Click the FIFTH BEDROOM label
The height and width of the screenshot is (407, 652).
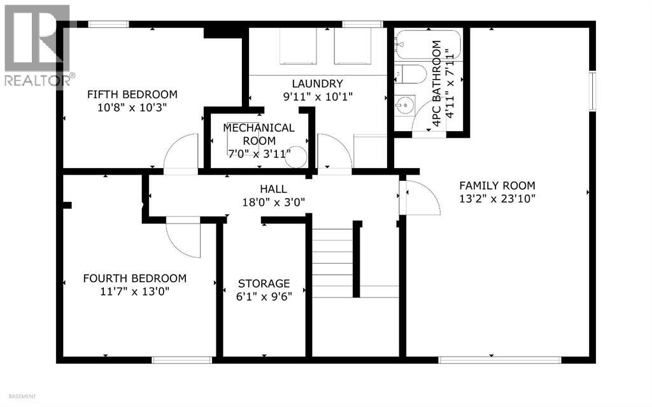tap(132, 94)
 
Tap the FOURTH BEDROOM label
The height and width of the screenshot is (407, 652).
tap(134, 278)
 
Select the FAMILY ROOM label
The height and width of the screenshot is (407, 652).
tap(497, 185)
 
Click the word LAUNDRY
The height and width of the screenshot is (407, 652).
tap(317, 83)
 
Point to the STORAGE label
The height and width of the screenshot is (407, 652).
tap(264, 283)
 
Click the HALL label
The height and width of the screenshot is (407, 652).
tap(273, 189)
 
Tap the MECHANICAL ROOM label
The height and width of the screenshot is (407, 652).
tap(259, 134)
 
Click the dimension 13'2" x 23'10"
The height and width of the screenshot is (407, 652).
tap(497, 198)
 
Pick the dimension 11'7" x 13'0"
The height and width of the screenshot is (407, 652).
tap(134, 292)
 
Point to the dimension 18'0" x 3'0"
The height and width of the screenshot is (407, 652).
tap(273, 202)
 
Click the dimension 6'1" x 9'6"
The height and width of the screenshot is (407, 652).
tap(264, 296)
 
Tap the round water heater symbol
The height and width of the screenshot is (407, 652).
tap(295, 158)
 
